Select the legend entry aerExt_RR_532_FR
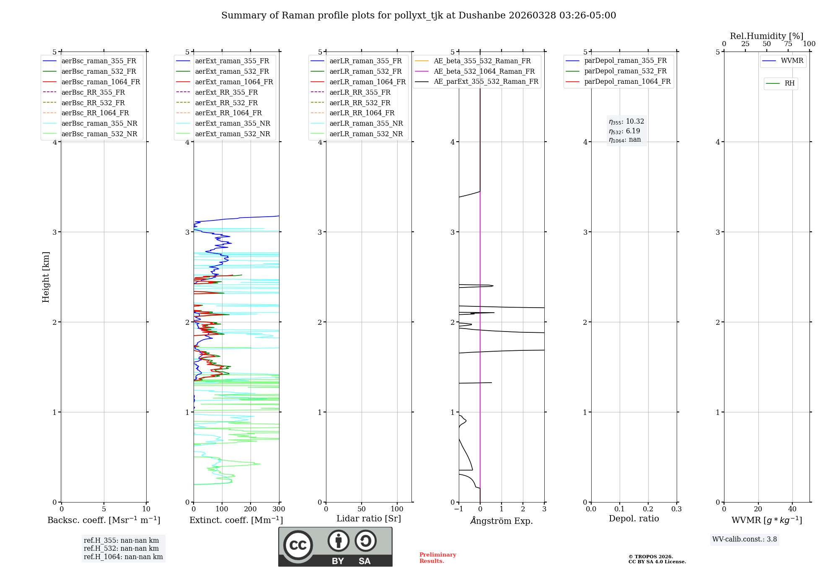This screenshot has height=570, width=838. pos(226,103)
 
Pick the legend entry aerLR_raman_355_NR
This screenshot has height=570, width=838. pos(366,124)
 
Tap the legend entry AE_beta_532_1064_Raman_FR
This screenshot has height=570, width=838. pos(484,72)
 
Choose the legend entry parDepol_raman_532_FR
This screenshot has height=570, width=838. pos(625,71)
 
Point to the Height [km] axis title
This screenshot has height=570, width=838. pos(46,277)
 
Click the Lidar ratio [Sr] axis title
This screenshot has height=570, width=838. pos(369,519)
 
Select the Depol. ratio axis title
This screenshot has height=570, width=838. pos(634,519)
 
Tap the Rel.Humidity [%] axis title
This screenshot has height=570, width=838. pos(766,36)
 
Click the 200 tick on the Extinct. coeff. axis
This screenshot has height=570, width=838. pos(251,509)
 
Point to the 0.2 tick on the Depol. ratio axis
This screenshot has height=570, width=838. pos(648,509)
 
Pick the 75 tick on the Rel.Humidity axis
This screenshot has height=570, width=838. pos(788,44)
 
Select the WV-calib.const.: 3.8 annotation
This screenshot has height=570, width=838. pos(745,539)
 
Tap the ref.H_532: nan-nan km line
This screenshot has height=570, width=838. pos(121,549)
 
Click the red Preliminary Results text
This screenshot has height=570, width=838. pos(437,558)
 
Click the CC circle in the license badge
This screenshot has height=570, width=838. pos(298,545)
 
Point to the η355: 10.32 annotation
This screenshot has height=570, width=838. pos(626,122)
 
